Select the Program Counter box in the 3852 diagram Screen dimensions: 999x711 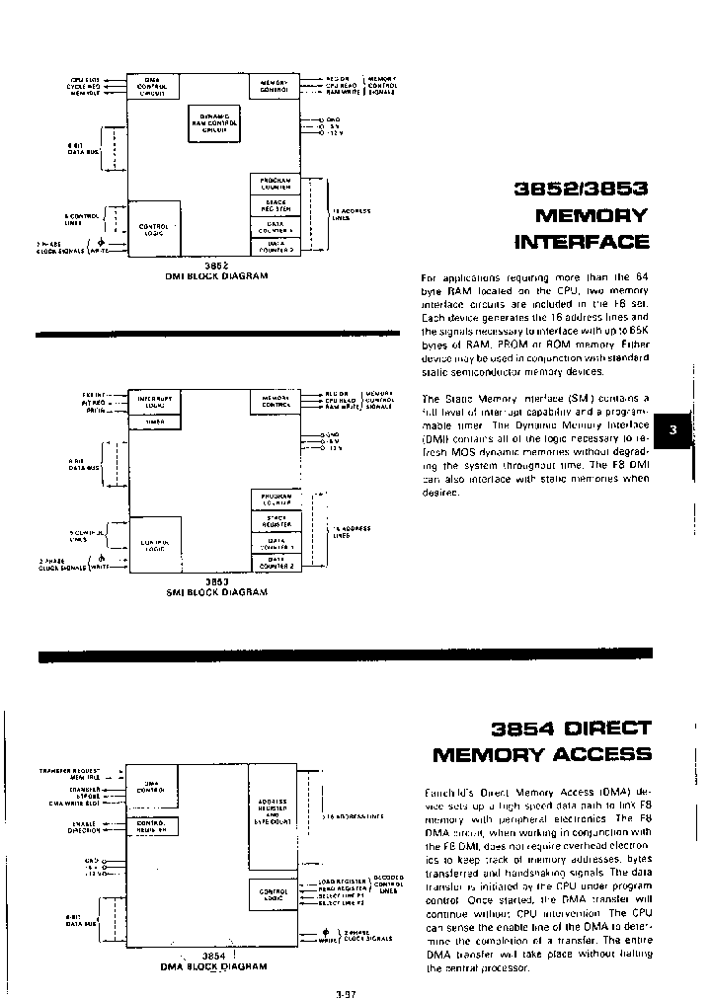click(276, 184)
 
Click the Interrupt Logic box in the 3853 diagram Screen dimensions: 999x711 click(153, 402)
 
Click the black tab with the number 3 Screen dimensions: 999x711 click(673, 429)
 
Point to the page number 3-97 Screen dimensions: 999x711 click(346, 992)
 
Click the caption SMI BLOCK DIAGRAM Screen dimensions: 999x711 click(216, 592)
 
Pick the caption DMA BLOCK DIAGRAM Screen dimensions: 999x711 click(214, 966)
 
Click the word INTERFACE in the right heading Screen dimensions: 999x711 click(583, 242)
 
